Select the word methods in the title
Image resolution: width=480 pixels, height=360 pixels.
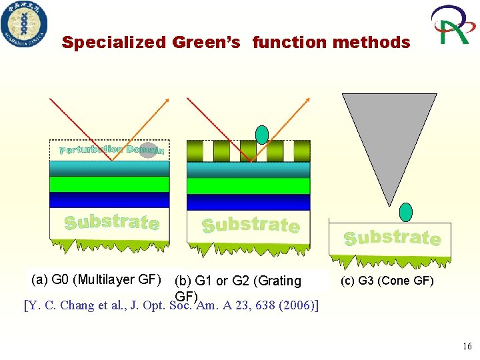[371, 43]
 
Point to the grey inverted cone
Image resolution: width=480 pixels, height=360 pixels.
[389, 140]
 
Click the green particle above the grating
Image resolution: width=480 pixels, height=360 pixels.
[262, 135]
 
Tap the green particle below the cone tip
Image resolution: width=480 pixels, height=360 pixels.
[405, 212]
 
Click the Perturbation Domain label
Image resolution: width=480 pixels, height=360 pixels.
[111, 150]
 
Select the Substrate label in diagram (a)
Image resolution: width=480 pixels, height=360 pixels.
[111, 222]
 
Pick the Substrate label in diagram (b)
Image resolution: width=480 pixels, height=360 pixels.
[250, 225]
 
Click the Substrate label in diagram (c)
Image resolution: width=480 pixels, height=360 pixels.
[391, 237]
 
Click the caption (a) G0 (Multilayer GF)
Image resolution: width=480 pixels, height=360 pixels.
[96, 279]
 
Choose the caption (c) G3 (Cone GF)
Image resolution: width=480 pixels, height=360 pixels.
[387, 281]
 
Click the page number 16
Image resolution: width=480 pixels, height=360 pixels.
[466, 346]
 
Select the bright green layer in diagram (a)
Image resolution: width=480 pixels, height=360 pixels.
[110, 184]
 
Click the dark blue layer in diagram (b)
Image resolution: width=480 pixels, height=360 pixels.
[249, 202]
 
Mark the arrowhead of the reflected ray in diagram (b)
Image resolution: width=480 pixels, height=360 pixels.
[307, 100]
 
